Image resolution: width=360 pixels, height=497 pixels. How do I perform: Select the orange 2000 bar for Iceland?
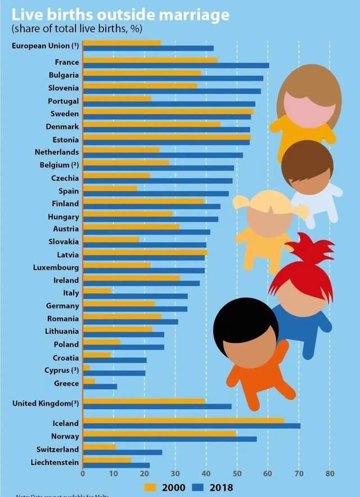tap(183, 420)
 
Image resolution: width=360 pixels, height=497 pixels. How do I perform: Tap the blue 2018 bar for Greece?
tap(100, 386)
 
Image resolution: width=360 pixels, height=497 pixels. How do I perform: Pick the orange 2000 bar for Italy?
tap(97, 290)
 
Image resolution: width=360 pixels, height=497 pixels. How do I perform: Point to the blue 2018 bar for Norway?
tap(169, 439)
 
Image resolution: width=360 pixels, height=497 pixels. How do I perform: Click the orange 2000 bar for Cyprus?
tap(87, 368)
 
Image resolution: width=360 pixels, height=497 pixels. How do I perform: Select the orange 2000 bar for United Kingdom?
tap(144, 401)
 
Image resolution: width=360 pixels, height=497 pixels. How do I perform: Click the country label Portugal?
tap(63, 101)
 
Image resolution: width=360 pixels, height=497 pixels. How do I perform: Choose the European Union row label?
tap(46, 46)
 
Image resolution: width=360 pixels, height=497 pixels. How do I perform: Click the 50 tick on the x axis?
tap(237, 473)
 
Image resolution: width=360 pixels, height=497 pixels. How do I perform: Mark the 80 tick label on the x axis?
tap(330, 473)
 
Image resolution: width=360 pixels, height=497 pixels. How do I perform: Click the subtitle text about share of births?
tap(76, 29)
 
